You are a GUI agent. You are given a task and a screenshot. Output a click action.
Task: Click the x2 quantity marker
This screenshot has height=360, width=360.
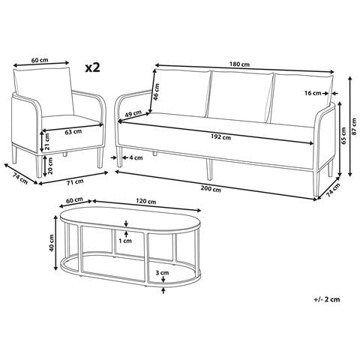pyautogui.click(x=92, y=67)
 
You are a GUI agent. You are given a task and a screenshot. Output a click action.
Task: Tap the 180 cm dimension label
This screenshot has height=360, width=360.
pyautogui.click(x=239, y=64)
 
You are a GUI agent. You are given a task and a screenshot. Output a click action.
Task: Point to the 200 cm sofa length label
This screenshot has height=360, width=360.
pyautogui.click(x=211, y=189)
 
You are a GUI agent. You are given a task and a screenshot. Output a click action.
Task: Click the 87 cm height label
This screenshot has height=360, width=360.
pyautogui.click(x=354, y=126)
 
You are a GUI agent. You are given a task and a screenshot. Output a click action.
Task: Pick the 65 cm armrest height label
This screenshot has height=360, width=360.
pyautogui.click(x=343, y=136)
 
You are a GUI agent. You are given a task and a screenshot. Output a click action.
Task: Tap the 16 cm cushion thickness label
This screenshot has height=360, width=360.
pyautogui.click(x=313, y=93)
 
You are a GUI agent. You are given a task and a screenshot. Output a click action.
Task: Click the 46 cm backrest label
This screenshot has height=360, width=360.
pyautogui.click(x=156, y=91)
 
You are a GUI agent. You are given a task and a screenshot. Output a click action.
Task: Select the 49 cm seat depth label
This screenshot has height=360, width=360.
pyautogui.click(x=133, y=114)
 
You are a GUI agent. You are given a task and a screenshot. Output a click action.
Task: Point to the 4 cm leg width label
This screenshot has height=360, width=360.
pyautogui.click(x=136, y=157)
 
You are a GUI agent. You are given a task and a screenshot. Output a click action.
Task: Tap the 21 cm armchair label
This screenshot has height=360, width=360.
pyautogui.click(x=47, y=141)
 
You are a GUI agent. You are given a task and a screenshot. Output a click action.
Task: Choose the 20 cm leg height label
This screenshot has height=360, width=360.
pyautogui.click(x=50, y=166)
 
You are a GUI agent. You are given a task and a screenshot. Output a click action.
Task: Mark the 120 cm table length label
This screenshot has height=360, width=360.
pyautogui.click(x=146, y=201)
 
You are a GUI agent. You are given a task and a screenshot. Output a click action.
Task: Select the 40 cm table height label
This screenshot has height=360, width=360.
pyautogui.click(x=52, y=243)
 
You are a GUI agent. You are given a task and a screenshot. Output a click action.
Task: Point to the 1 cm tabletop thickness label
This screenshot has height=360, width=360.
pyautogui.click(x=125, y=241)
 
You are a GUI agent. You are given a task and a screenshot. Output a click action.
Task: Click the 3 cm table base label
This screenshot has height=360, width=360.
pyautogui.click(x=162, y=272)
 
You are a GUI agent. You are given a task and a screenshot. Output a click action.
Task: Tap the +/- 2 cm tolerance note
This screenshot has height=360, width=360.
pyautogui.click(x=327, y=299)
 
